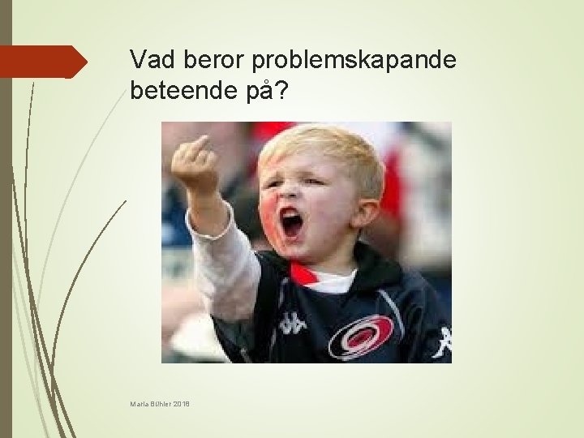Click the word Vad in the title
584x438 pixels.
point(148,59)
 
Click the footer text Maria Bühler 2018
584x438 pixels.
point(159,404)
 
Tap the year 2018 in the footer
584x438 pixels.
point(180,404)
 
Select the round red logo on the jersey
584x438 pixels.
point(361,337)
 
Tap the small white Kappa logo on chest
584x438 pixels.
point(292,323)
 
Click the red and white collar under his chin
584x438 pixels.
point(324,278)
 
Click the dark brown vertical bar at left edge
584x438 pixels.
point(6,219)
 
